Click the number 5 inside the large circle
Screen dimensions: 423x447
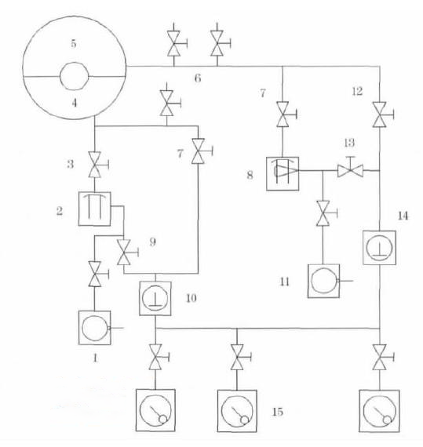[74, 44]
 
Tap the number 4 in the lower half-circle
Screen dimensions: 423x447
[74, 103]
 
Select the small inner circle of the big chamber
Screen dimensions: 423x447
[74, 76]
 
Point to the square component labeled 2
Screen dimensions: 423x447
[95, 209]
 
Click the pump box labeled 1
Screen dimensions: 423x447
[95, 328]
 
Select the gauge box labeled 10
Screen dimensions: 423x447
[155, 299]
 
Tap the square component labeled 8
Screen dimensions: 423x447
[283, 173]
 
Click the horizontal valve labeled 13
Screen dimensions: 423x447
[350, 169]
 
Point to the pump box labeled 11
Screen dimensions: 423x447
[324, 281]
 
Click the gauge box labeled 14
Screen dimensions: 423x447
[379, 248]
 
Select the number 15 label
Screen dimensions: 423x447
[278, 412]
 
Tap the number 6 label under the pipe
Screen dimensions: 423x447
[198, 78]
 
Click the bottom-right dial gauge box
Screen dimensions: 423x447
[379, 411]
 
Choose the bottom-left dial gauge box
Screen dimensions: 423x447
[155, 410]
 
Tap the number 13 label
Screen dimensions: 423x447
[349, 143]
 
